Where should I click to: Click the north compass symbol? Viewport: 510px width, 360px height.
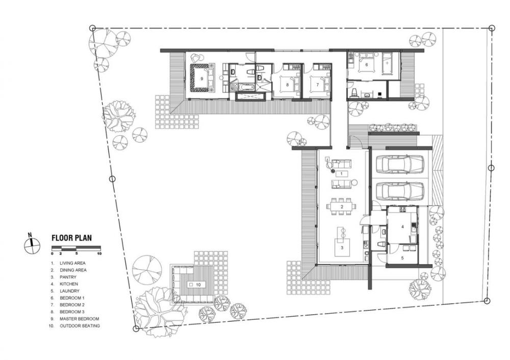pyautogui.click(x=32, y=245)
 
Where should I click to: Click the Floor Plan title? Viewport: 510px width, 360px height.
pyautogui.click(x=71, y=238)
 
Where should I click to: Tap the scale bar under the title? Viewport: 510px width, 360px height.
pyautogui.click(x=76, y=248)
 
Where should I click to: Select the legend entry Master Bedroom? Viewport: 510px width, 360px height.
pyautogui.click(x=80, y=319)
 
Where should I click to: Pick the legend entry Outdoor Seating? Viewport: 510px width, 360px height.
pyautogui.click(x=80, y=325)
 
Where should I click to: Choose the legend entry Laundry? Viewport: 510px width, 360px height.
pyautogui.click(x=69, y=291)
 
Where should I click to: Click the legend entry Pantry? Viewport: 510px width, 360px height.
pyautogui.click(x=68, y=277)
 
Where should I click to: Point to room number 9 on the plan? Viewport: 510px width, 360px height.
pyautogui.click(x=201, y=79)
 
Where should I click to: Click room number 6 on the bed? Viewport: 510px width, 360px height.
pyautogui.click(x=367, y=64)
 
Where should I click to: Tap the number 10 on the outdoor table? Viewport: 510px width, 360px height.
pyautogui.click(x=199, y=285)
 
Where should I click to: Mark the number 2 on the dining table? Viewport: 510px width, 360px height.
pyautogui.click(x=342, y=207)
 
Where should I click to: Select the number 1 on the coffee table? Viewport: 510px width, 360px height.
pyautogui.click(x=342, y=174)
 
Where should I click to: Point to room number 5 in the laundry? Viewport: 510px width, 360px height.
pyautogui.click(x=402, y=258)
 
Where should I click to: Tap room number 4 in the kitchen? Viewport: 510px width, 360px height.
pyautogui.click(x=402, y=227)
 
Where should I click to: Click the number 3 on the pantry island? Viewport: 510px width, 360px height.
pyautogui.click(x=342, y=247)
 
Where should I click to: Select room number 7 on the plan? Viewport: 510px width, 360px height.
pyautogui.click(x=317, y=85)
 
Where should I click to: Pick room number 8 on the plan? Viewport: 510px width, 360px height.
pyautogui.click(x=287, y=85)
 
